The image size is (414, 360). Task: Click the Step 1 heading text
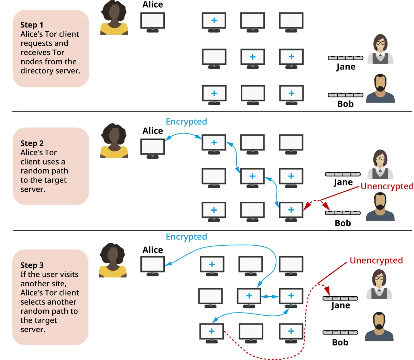pos(32,25)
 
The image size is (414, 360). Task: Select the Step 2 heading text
pos(32,143)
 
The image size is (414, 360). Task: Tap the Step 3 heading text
pos(32,265)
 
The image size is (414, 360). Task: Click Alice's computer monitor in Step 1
pos(153,21)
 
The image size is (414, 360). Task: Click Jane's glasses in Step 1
pos(380,43)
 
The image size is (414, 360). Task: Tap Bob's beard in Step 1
pos(380,87)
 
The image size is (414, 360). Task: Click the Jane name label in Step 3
pos(340,306)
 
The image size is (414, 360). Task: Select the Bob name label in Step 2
pos(343,223)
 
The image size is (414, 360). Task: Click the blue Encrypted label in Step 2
pos(186,121)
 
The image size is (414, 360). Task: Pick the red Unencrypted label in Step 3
pos(376,261)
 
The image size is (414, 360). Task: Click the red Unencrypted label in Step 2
pos(387,186)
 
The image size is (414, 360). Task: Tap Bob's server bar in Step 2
pos(343,213)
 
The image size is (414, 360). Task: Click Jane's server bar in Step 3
pos(340,298)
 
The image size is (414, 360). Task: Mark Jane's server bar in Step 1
pos(346,58)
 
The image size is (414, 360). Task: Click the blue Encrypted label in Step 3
pos(186,237)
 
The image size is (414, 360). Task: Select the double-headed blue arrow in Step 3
pos(270,296)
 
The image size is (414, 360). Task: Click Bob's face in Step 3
pos(379,321)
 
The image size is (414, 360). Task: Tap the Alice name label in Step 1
pos(153,4)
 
